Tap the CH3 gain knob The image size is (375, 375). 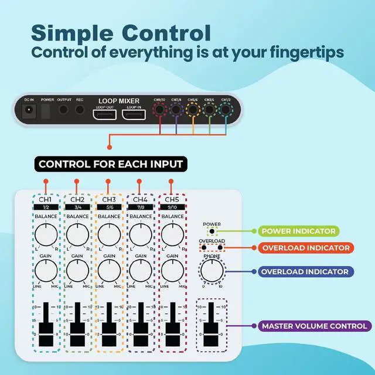coord(109,271)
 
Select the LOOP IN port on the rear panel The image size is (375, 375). coord(133,114)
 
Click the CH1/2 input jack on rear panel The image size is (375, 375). coord(225,109)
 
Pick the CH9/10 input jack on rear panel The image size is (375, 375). coord(159,109)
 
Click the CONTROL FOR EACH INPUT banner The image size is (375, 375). coord(111,163)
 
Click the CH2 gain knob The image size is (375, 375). coord(77,271)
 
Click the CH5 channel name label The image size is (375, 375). coord(172,200)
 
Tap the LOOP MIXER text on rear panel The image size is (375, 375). coord(118,101)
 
